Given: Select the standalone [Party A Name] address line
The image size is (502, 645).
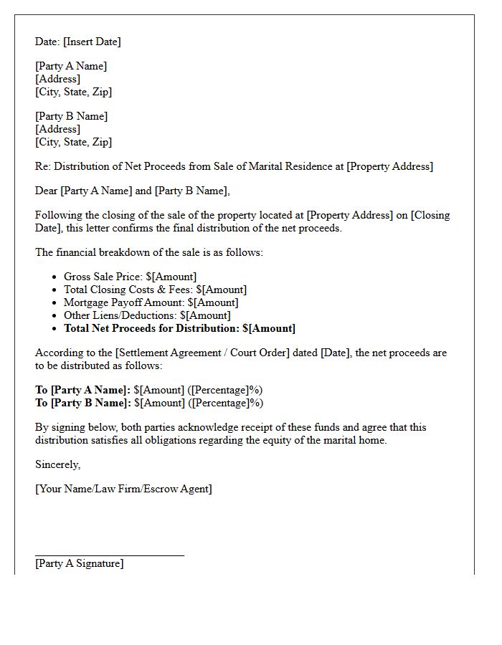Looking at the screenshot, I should pyautogui.click(x=71, y=66).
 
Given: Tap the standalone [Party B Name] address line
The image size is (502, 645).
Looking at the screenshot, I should pyautogui.click(x=71, y=116).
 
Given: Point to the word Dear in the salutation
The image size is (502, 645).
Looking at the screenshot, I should pyautogui.click(x=47, y=191).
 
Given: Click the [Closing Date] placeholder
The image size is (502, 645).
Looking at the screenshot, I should pyautogui.click(x=430, y=215).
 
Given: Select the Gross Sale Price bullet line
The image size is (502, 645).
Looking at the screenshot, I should pyautogui.click(x=130, y=277).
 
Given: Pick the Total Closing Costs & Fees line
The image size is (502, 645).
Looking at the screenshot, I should pyautogui.click(x=155, y=290).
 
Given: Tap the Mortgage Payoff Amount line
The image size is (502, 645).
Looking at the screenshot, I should pyautogui.click(x=151, y=302).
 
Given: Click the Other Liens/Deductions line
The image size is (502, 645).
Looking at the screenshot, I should pyautogui.click(x=147, y=315).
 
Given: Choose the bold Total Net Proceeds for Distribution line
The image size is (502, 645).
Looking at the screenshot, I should pyautogui.click(x=179, y=328).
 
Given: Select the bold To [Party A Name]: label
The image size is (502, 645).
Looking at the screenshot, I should pyautogui.click(x=82, y=390).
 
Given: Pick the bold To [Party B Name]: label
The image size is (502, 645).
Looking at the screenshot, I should pyautogui.click(x=82, y=403).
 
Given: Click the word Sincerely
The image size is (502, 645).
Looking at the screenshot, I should pyautogui.click(x=58, y=464).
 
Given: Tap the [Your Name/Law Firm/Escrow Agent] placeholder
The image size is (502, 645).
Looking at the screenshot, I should pyautogui.click(x=123, y=489).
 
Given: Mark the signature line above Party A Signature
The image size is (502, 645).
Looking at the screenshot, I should pyautogui.click(x=110, y=555).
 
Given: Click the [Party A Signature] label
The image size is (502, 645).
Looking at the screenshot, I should pyautogui.click(x=79, y=563).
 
